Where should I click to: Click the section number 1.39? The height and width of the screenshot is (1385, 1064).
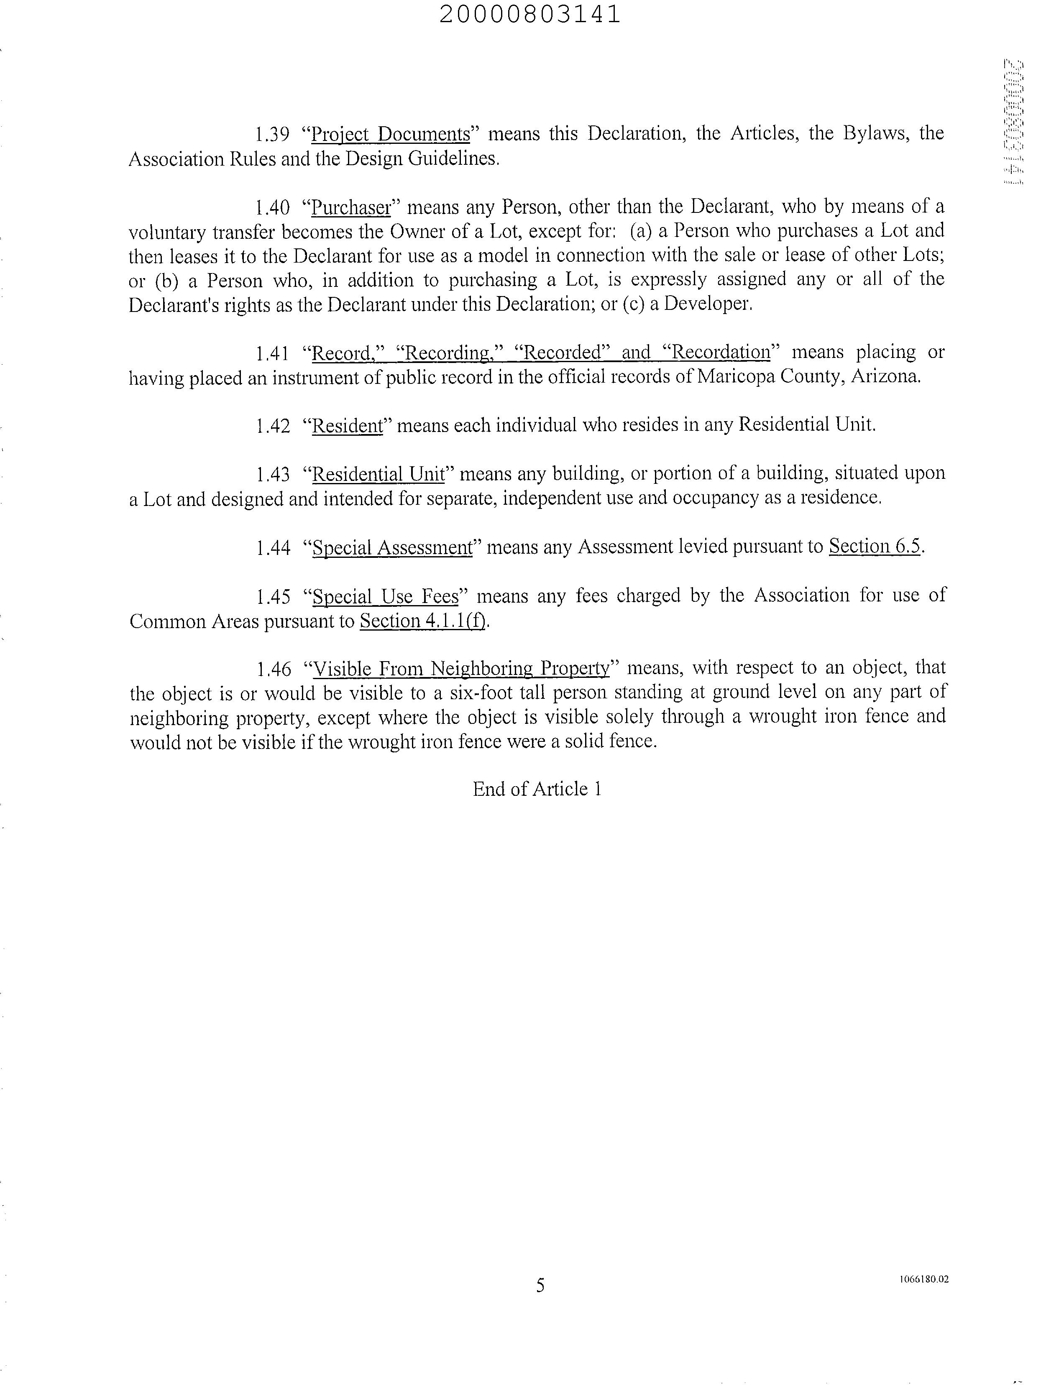[x=272, y=134]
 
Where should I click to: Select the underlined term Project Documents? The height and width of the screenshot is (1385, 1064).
[x=391, y=134]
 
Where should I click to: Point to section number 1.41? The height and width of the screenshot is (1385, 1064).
[x=272, y=353]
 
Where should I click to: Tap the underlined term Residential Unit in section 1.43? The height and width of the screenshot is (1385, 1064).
[x=379, y=474]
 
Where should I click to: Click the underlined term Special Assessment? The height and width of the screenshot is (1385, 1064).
[x=393, y=547]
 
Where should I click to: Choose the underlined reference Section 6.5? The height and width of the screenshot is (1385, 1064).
[x=875, y=546]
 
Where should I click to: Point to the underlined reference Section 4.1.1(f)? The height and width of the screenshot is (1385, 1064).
[x=424, y=621]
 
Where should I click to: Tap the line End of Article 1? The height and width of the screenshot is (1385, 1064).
[x=537, y=789]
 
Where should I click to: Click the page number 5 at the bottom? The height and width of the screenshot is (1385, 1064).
[x=540, y=1285]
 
